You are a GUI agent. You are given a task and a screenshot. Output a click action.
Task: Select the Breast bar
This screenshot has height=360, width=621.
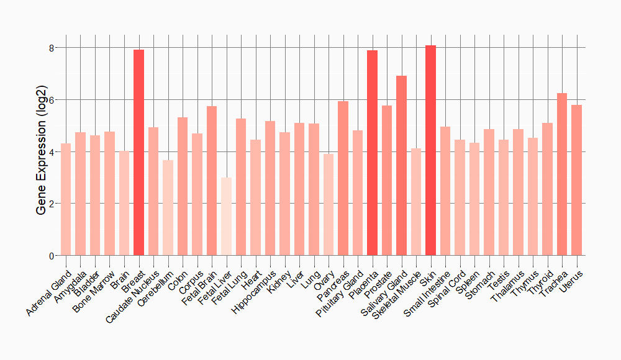pyautogui.click(x=138, y=153)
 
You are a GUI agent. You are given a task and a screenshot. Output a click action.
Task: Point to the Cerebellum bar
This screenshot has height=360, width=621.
pyautogui.click(x=168, y=208)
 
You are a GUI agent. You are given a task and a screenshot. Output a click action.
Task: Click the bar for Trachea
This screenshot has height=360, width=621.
pyautogui.click(x=562, y=174)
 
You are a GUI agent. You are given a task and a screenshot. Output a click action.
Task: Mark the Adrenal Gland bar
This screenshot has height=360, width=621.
pyautogui.click(x=66, y=199)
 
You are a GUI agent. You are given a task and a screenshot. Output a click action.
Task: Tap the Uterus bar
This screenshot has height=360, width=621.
pyautogui.click(x=577, y=180)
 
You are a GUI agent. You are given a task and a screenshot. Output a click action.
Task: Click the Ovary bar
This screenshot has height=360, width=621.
pyautogui.click(x=329, y=205)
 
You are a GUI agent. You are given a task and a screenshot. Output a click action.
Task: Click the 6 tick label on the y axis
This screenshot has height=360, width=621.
pyautogui.click(x=52, y=100)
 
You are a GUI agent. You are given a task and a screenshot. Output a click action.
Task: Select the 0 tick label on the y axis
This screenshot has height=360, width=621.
pyautogui.click(x=52, y=256)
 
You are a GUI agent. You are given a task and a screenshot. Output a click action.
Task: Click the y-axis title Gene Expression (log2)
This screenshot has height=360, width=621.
pyautogui.click(x=42, y=151)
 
